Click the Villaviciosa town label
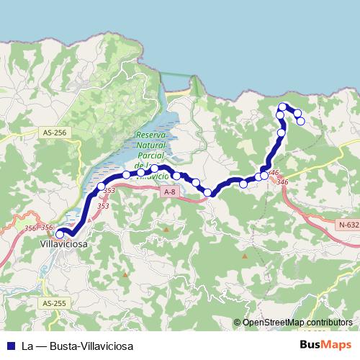coord(63,245)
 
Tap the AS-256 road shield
coord(55,132)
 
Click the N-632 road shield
coord(348,225)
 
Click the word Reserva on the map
coord(151,135)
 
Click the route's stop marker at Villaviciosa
coord(60,233)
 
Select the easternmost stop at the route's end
coord(301,121)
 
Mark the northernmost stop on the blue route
coord(282,107)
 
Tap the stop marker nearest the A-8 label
coord(176,175)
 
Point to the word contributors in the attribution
coord(327,323)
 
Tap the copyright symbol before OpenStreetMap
coord(237,323)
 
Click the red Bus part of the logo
coord(311,345)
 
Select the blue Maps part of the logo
coord(338,345)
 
